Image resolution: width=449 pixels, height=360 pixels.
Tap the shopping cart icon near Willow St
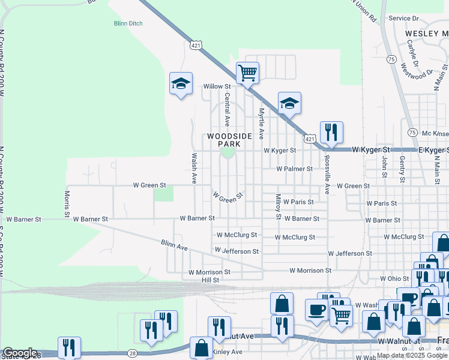247,73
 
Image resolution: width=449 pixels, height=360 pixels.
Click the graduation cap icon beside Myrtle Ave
289,103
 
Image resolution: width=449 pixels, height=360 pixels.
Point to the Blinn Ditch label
127,24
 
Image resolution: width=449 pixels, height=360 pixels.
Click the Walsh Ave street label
194,167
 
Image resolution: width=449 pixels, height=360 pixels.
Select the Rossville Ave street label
327,175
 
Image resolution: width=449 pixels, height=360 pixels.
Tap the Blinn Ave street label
174,245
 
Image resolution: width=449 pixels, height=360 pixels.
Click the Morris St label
67,203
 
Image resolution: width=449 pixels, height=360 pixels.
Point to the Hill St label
210,280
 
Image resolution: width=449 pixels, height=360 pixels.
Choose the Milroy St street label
278,206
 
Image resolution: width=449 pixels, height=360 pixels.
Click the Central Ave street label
227,109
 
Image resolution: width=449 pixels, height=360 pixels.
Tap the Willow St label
217,86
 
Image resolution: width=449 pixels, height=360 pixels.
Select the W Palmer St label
295,169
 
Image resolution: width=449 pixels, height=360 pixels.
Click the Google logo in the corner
20,353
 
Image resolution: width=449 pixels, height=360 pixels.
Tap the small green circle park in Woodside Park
228,152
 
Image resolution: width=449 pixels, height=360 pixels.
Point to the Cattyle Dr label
412,52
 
